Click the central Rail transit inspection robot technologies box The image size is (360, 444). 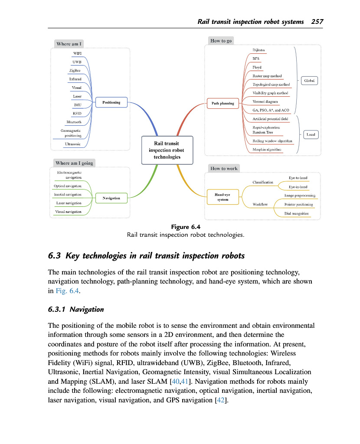[167, 150]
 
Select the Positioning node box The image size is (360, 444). [111, 102]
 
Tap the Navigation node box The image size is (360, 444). [111, 198]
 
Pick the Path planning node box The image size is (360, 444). [223, 104]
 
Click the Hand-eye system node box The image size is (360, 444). [223, 197]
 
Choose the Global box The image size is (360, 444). [309, 81]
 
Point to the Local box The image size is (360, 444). [311, 134]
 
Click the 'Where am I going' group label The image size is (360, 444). [74, 163]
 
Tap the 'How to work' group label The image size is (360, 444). [224, 168]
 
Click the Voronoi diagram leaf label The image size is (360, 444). [265, 101]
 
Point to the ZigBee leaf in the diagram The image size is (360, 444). [75, 70]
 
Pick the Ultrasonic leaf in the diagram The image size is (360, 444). [73, 144]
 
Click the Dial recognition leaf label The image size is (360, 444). [297, 213]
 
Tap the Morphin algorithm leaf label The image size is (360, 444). [267, 150]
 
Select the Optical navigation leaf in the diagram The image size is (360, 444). [68, 186]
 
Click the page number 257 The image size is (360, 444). [317, 22]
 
